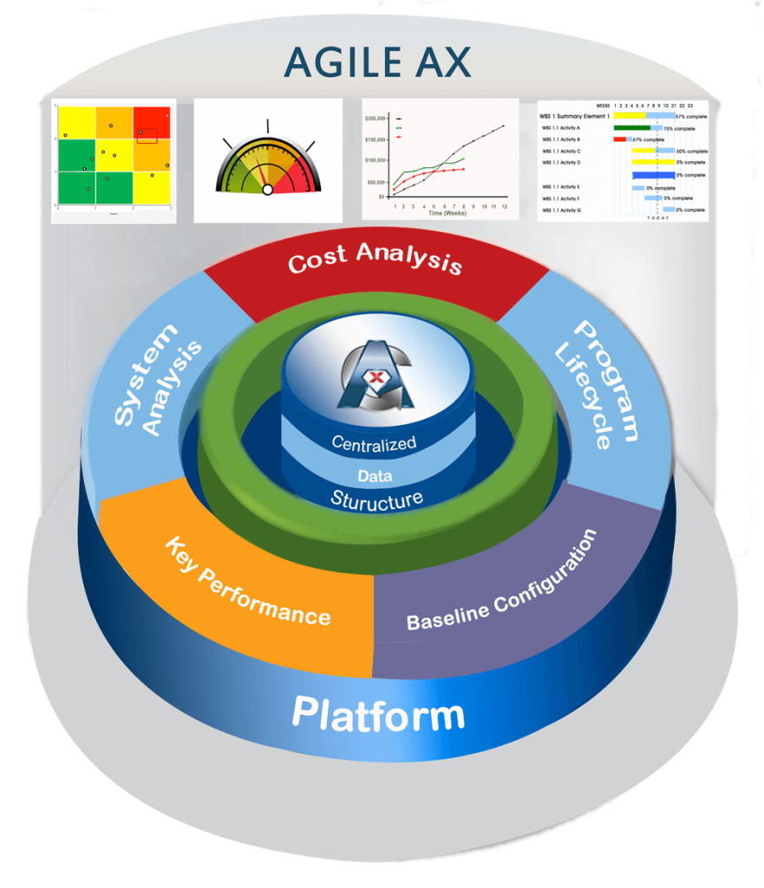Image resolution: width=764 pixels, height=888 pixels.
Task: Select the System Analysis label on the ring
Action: [159, 380]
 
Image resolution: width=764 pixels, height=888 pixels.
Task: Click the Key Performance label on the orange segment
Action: [247, 581]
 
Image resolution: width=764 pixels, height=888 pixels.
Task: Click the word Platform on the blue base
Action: [378, 715]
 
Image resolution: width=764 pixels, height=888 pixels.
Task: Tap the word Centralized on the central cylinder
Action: [374, 443]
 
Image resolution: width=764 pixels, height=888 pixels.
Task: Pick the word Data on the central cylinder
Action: [375, 475]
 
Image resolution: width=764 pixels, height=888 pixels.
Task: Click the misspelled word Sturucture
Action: [376, 499]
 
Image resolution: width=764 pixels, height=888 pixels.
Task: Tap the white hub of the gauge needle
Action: [268, 189]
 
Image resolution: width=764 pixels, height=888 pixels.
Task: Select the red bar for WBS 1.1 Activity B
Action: [619, 139]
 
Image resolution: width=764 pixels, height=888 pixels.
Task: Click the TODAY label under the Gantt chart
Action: [657, 218]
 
